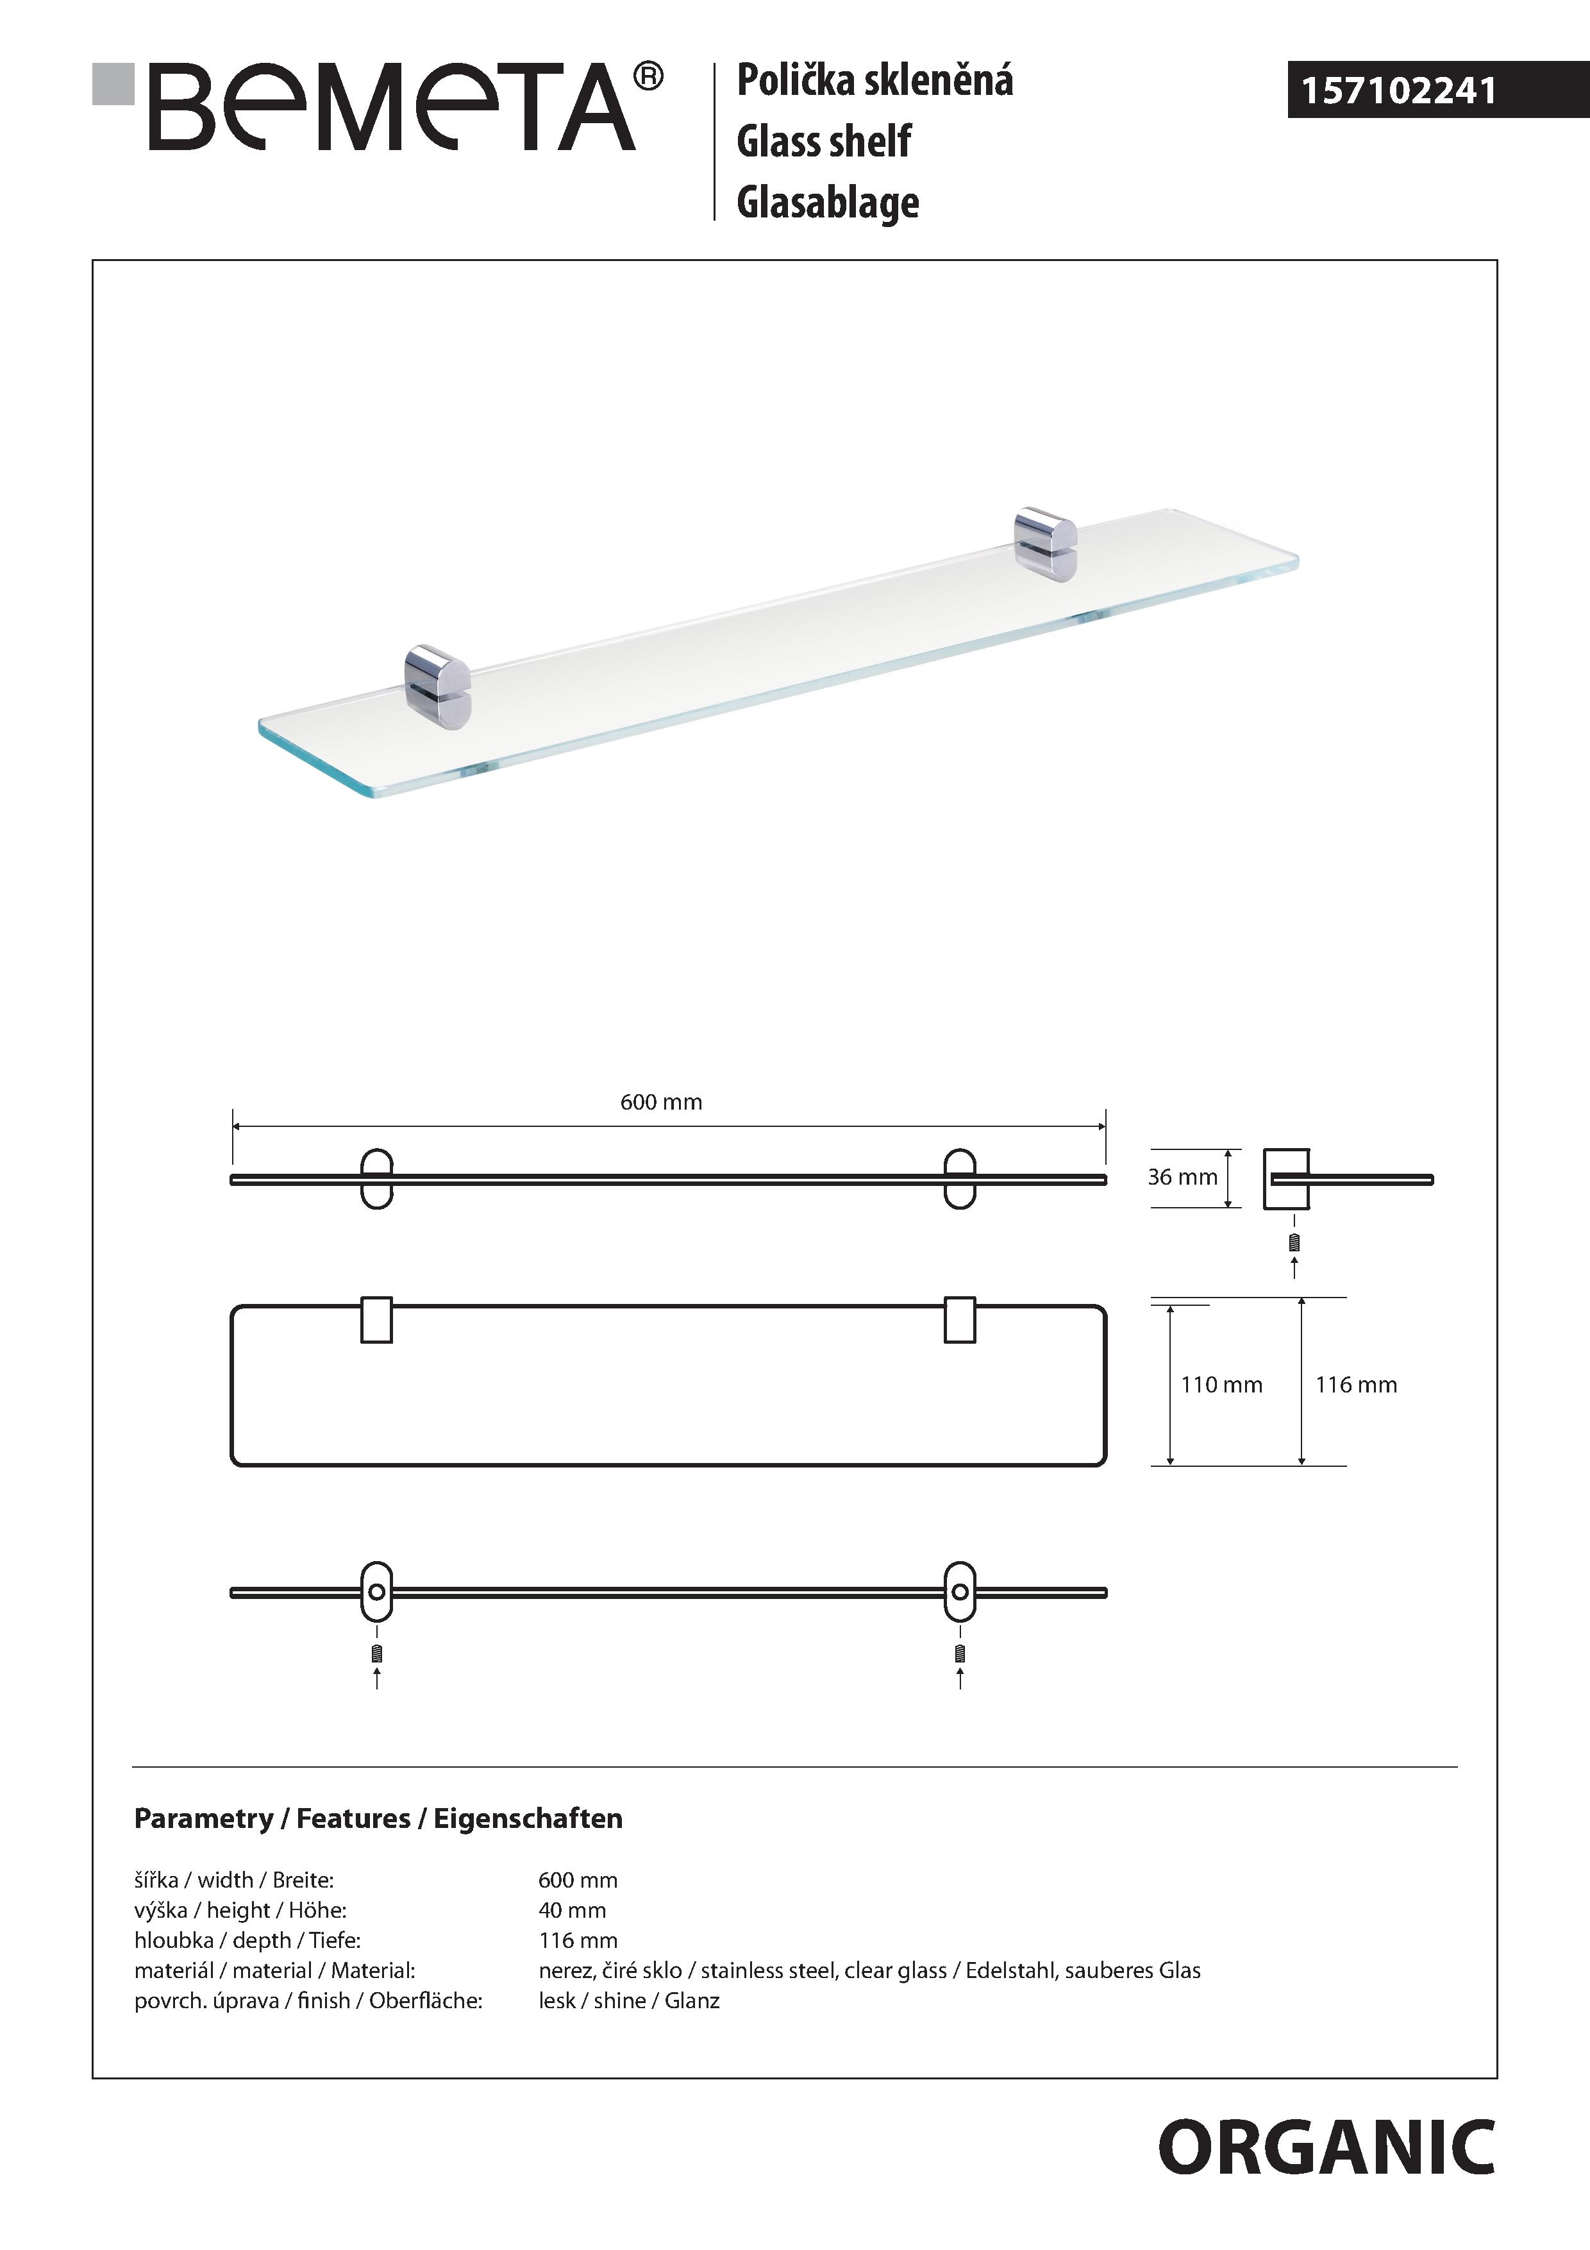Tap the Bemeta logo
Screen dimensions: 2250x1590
coord(392,108)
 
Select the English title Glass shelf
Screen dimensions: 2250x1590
coord(823,142)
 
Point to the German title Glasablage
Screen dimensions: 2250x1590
coord(828,203)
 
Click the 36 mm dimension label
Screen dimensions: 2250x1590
coord(1182,1177)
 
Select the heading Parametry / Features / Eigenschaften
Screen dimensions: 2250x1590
coord(378,1819)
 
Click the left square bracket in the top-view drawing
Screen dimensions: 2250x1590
coord(376,1320)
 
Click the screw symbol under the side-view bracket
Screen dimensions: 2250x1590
coord(1295,1242)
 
